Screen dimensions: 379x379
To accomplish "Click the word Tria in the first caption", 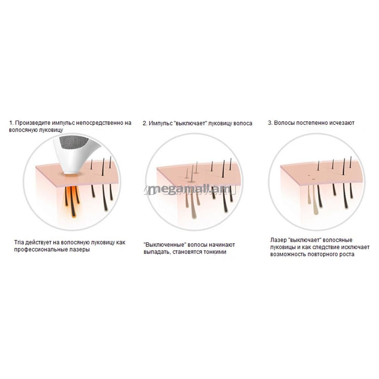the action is tap(19, 243).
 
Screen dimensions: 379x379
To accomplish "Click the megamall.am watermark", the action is tap(190, 190).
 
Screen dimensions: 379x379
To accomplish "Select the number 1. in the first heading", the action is tap(11, 123).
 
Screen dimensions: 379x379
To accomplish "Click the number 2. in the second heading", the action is tap(145, 123).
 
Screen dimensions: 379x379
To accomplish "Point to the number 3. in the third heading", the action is tap(270, 123).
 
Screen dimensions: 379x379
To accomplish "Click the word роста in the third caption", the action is tap(348, 254).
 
